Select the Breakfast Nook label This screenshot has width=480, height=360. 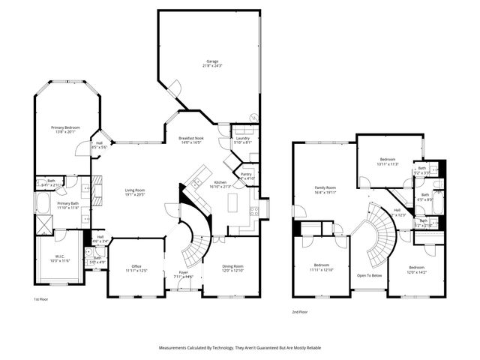click(191, 139)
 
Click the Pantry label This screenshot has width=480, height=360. click(246, 175)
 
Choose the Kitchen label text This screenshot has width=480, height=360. click(220, 184)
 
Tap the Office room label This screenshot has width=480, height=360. click(136, 268)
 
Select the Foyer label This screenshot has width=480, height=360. click(184, 274)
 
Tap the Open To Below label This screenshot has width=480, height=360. click(369, 274)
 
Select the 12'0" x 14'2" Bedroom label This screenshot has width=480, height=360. click(416, 269)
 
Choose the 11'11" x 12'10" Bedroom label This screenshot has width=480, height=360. click(322, 267)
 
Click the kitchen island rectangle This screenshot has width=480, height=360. click(232, 203)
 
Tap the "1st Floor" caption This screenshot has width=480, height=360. click(41, 299)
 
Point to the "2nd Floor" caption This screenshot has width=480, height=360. click(300, 311)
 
